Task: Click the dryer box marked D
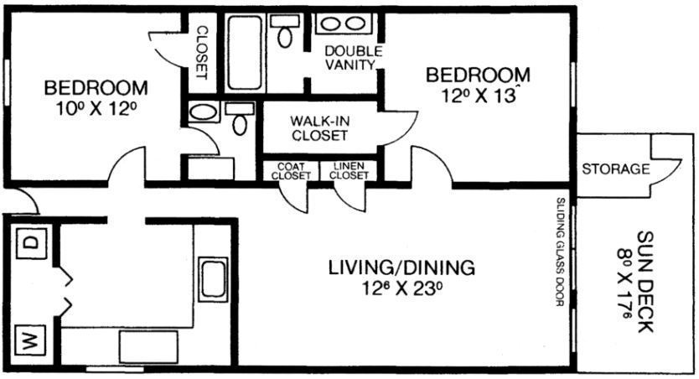pos(31,243)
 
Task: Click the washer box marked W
pos(30,341)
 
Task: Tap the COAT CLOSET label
pos(291,171)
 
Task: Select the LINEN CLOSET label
pos(349,171)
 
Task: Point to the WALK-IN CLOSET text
pos(319,128)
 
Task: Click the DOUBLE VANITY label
pos(353,58)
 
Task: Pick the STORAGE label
pos(616,169)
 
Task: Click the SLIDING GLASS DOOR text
pos(561,252)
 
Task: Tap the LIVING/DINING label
pos(401,267)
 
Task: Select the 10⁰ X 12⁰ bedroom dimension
pos(96,108)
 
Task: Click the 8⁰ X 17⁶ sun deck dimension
pos(625,284)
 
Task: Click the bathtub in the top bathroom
pos(244,53)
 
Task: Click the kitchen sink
pos(213,279)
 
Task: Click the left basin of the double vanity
pos(331,23)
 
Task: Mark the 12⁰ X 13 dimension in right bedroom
pos(479,96)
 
